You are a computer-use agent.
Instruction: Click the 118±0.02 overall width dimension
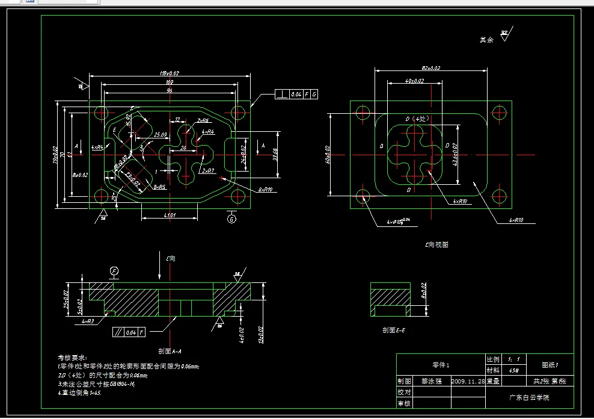(x=170, y=73)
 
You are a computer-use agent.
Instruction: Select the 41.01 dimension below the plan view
(x=170, y=215)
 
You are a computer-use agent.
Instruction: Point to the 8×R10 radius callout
(x=265, y=190)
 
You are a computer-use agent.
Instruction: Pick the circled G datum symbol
(x=231, y=219)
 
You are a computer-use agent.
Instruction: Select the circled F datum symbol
(x=114, y=272)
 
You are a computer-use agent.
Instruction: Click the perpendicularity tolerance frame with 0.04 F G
(x=296, y=95)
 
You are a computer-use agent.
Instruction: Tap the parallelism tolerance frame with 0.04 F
(x=129, y=331)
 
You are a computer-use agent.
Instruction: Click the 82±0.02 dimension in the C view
(x=431, y=68)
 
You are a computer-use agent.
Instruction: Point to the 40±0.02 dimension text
(x=414, y=81)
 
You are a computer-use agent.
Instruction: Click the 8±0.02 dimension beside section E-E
(x=423, y=294)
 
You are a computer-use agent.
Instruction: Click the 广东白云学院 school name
(x=528, y=398)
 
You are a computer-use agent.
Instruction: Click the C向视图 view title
(x=436, y=245)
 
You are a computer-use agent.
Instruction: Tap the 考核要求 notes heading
(x=73, y=358)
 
